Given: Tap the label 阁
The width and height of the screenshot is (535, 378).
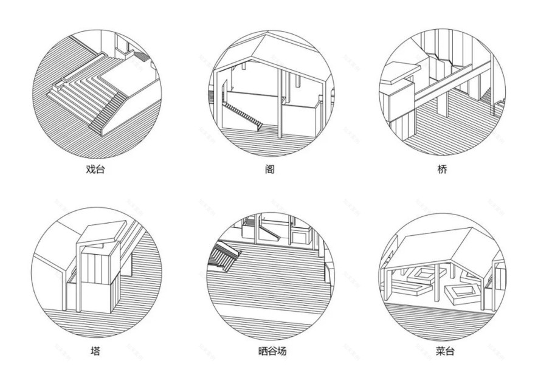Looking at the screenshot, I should [x=269, y=170].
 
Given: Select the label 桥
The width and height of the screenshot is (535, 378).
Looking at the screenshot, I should [x=442, y=170].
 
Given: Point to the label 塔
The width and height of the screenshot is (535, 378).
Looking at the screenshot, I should [x=96, y=351].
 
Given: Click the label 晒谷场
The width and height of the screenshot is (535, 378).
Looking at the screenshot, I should [x=269, y=351].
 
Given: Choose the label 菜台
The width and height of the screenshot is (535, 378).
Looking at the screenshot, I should [x=442, y=351].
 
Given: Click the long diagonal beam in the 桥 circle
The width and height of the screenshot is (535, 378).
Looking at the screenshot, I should [x=450, y=82].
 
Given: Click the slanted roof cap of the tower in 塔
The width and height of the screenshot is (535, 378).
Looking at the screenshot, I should [x=103, y=234].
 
